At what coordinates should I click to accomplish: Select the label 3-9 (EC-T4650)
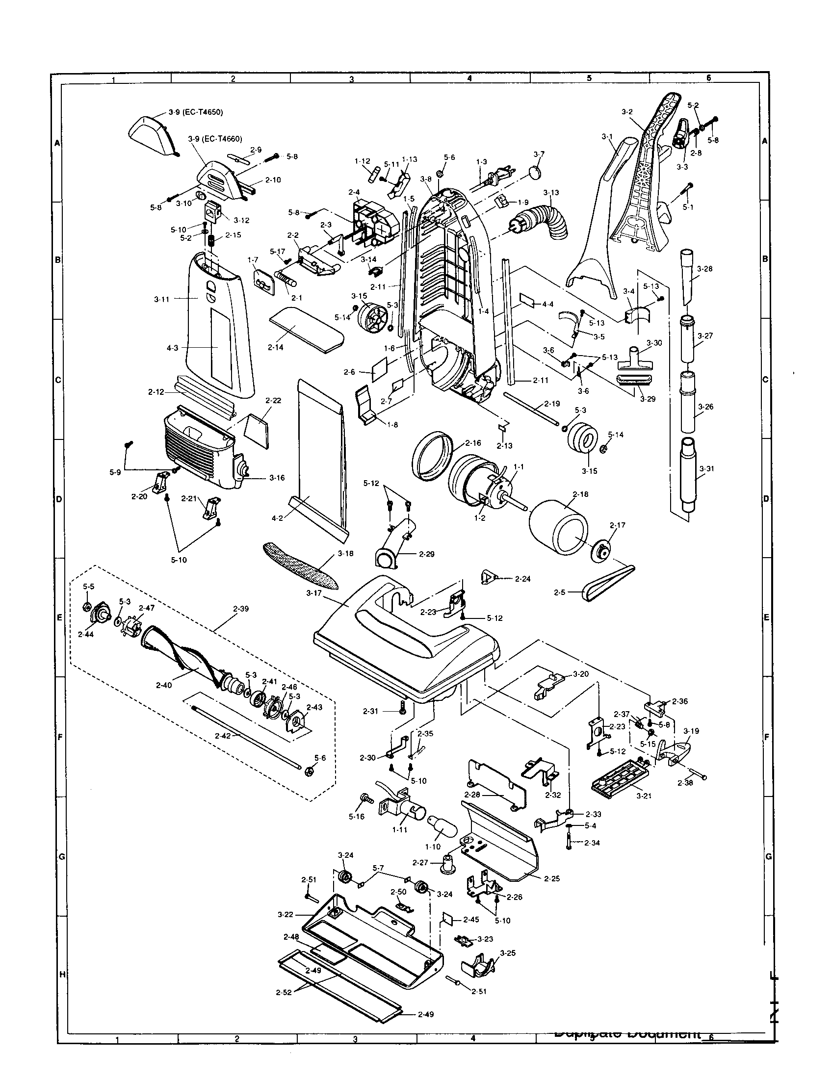point(196,112)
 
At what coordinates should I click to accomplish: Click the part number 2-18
point(580,494)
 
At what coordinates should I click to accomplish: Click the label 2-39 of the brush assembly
point(241,609)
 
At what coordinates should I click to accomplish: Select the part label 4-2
point(277,519)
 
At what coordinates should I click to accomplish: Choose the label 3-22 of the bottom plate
point(286,915)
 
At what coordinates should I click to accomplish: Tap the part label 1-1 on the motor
point(519,466)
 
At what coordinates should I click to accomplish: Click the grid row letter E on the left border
point(59,617)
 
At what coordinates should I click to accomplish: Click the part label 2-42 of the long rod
point(223,735)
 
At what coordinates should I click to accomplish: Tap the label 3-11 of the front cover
point(162,298)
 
